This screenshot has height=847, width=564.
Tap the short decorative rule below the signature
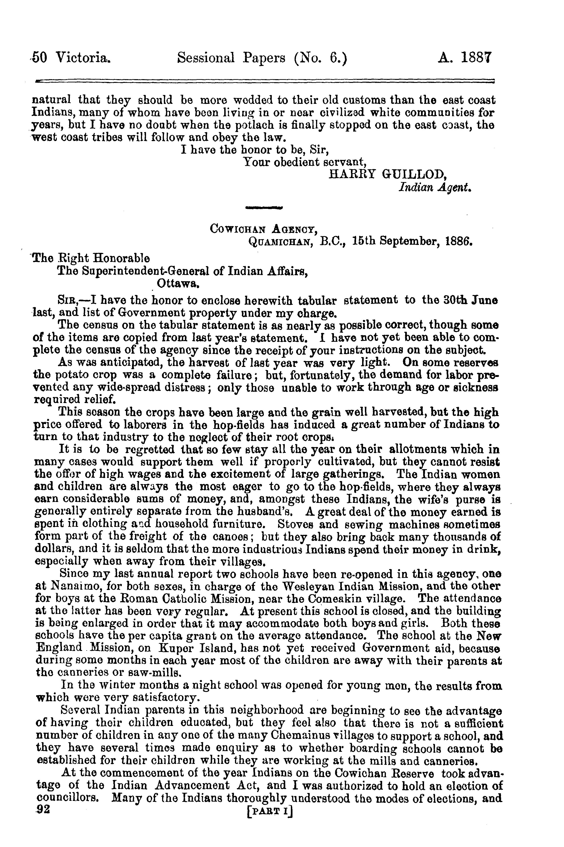[264, 207]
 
